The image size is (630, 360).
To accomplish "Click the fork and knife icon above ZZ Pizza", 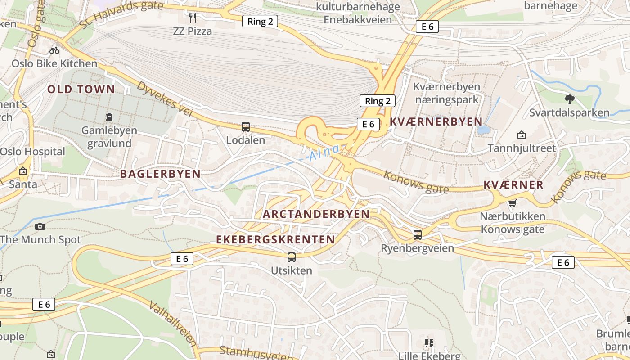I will pyautogui.click(x=193, y=18).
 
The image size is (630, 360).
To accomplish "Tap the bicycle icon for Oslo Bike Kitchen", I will pyautogui.click(x=54, y=50).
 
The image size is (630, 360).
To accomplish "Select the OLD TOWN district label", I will pyautogui.click(x=81, y=89).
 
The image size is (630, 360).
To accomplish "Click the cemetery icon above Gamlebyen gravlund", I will pyautogui.click(x=109, y=117).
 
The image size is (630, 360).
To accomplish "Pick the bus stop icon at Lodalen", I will pyautogui.click(x=246, y=127).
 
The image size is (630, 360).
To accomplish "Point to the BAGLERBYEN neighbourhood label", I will pyautogui.click(x=160, y=174).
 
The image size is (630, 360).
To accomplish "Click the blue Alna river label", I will pyautogui.click(x=324, y=153).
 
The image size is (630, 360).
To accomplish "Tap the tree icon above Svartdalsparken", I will pyautogui.click(x=569, y=99).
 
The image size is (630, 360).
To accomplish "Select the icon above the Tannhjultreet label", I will pyautogui.click(x=522, y=135).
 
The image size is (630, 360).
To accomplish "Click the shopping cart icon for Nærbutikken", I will pyautogui.click(x=512, y=203).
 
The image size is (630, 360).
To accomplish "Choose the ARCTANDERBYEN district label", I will pyautogui.click(x=316, y=214).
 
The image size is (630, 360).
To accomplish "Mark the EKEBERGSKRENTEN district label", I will pyautogui.click(x=275, y=239).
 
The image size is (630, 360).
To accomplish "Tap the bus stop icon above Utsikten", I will pyautogui.click(x=292, y=257).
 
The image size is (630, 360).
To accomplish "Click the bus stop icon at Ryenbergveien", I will pyautogui.click(x=418, y=234).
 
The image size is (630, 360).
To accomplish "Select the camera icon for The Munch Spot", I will pyautogui.click(x=40, y=226).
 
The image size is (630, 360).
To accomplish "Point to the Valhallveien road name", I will pyautogui.click(x=173, y=324).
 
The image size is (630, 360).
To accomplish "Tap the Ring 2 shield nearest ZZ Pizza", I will pyautogui.click(x=260, y=21).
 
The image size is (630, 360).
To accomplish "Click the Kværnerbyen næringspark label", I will pyautogui.click(x=446, y=93).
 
